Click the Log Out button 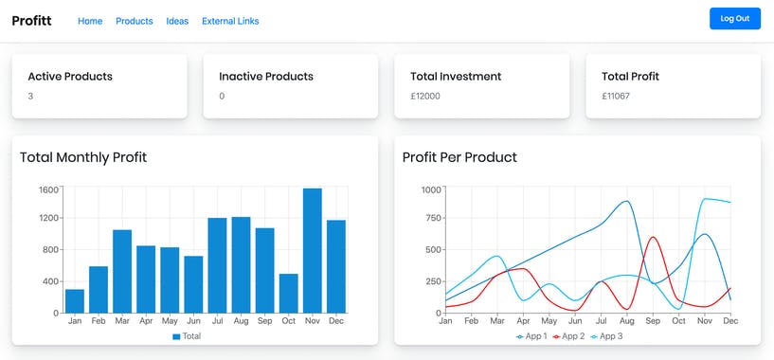click(x=734, y=19)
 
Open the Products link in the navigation click(x=134, y=21)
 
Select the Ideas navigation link click(x=177, y=21)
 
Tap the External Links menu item click(x=230, y=21)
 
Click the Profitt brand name click(x=31, y=20)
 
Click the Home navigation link click(x=90, y=21)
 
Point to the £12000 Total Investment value click(x=425, y=96)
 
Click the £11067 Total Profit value click(x=616, y=96)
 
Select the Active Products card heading click(x=70, y=76)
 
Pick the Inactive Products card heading click(x=266, y=76)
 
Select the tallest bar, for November click(x=312, y=250)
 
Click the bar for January click(x=75, y=300)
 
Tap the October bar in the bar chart click(x=288, y=293)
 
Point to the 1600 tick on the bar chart click(x=48, y=189)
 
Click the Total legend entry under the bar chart click(x=186, y=336)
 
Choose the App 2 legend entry click(x=568, y=336)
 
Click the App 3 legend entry click(x=607, y=336)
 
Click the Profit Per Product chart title click(x=459, y=157)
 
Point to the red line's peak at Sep click(x=653, y=237)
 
